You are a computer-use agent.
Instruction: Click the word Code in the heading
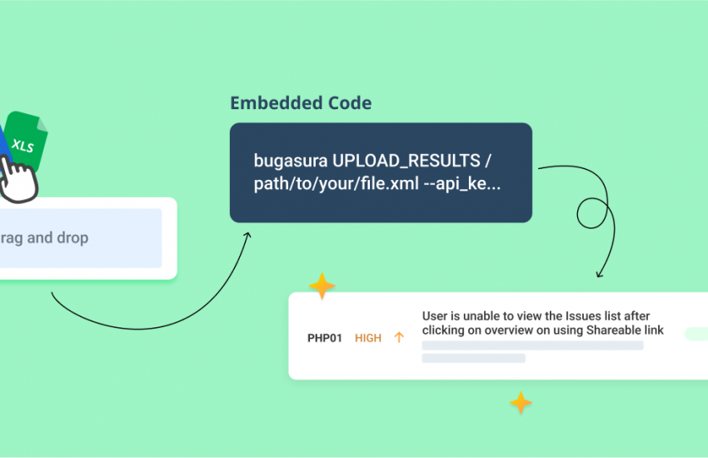click(350, 103)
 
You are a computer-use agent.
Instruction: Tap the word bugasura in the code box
click(291, 162)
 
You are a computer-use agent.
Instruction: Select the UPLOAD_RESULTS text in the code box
click(406, 161)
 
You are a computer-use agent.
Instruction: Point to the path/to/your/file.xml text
click(337, 184)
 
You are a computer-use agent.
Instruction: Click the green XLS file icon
click(26, 141)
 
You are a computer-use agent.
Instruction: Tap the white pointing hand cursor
click(18, 180)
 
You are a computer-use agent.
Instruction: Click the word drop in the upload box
click(72, 238)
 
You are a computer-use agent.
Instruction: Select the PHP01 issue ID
click(325, 338)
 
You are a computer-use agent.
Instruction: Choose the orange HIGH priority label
click(368, 338)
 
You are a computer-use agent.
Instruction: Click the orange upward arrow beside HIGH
click(399, 337)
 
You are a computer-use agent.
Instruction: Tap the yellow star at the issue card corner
click(322, 286)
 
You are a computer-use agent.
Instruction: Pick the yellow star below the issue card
click(521, 402)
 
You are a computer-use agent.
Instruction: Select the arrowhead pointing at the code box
click(247, 235)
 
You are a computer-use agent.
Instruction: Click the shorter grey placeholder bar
click(474, 358)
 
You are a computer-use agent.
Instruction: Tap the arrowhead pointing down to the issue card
click(599, 274)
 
